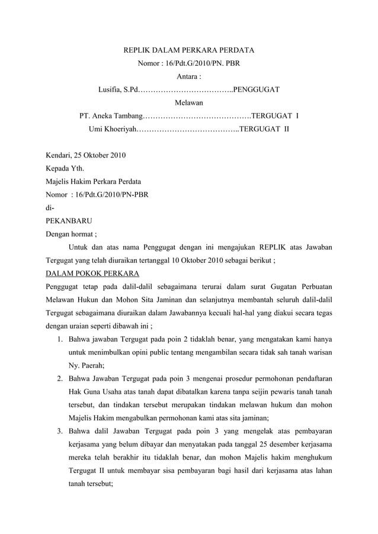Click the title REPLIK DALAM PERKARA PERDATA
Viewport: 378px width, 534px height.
(x=188, y=50)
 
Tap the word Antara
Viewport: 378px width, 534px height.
(x=189, y=76)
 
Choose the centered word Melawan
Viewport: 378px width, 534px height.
(x=188, y=102)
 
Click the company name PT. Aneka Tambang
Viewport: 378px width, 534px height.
(x=111, y=115)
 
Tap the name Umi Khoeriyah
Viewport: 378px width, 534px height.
(x=113, y=128)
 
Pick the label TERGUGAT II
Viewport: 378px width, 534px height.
(x=265, y=128)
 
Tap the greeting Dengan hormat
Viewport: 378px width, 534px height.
(x=71, y=234)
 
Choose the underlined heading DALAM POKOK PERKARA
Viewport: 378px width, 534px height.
(x=92, y=273)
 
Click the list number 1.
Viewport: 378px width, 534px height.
(x=60, y=339)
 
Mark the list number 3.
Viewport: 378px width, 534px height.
(x=60, y=430)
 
